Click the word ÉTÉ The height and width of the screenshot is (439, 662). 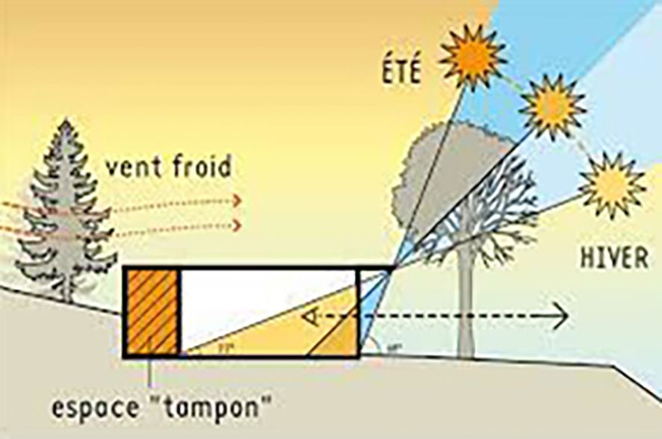400,72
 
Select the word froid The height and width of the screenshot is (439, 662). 199,166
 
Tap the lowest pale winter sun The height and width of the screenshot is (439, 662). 612,184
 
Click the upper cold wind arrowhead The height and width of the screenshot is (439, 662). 237,200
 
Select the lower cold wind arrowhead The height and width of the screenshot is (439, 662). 237,225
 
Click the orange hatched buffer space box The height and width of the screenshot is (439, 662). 151,311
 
